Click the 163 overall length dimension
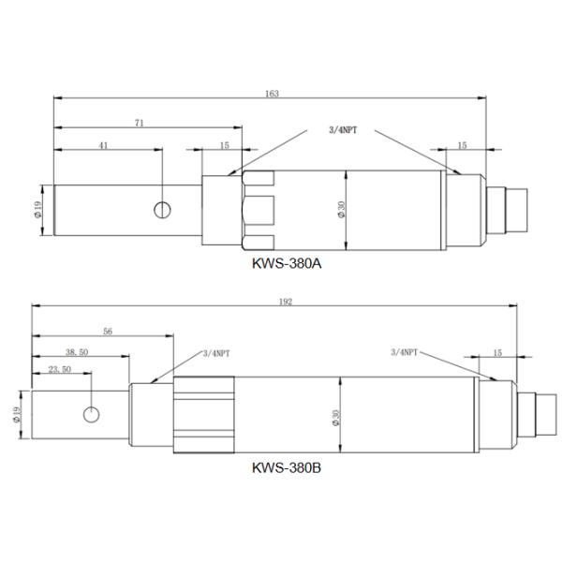273,94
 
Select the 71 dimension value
139,122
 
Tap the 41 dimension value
103,146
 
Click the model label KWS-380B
287,465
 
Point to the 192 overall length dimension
286,302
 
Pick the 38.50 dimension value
77,352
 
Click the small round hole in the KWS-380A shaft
163,209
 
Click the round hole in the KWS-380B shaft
91,414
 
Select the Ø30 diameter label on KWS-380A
342,211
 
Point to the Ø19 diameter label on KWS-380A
37,210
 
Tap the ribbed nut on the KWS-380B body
203,413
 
